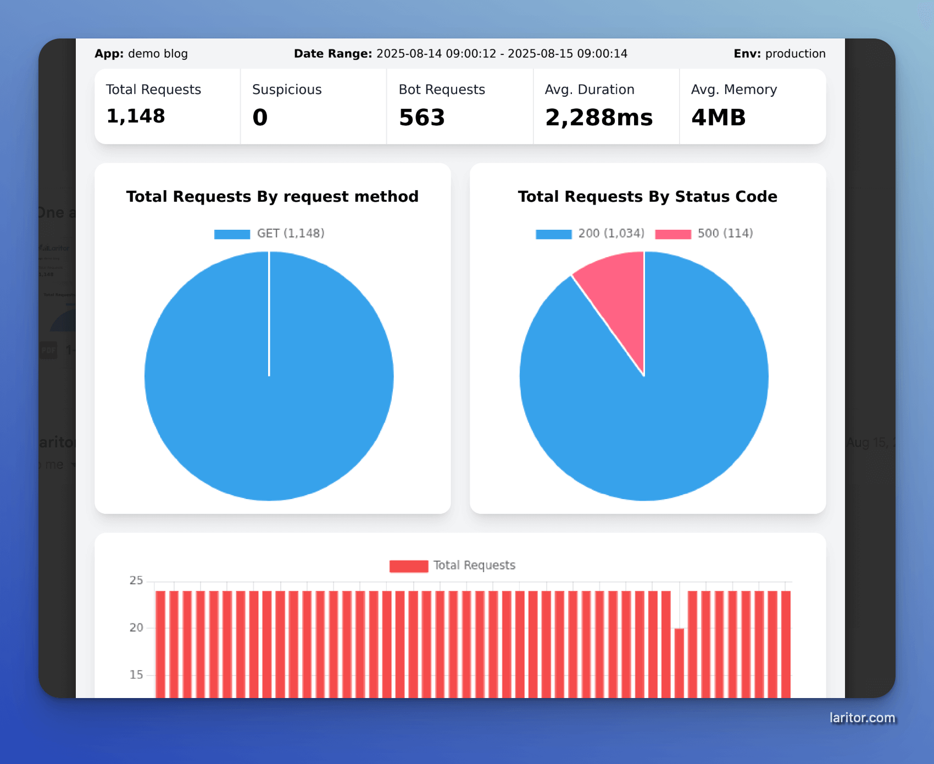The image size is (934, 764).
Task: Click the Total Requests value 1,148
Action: click(x=135, y=117)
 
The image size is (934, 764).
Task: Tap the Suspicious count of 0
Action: click(x=260, y=118)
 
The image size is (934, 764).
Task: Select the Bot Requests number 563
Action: click(x=421, y=118)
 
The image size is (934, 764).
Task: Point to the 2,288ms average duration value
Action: click(x=598, y=118)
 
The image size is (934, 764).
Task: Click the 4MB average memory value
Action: click(x=718, y=118)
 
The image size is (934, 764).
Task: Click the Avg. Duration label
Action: click(x=589, y=90)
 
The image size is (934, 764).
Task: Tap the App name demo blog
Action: click(x=158, y=54)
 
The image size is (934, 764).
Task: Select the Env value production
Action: click(x=795, y=54)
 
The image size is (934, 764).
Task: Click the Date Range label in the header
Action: click(x=333, y=54)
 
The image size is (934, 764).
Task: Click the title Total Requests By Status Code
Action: click(x=647, y=197)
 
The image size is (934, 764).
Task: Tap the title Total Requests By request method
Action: click(x=272, y=197)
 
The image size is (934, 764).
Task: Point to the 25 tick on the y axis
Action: click(x=136, y=580)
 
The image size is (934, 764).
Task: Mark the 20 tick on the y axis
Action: click(x=136, y=628)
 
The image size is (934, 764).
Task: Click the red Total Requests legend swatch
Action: click(x=408, y=566)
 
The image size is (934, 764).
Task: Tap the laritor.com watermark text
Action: click(x=861, y=718)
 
